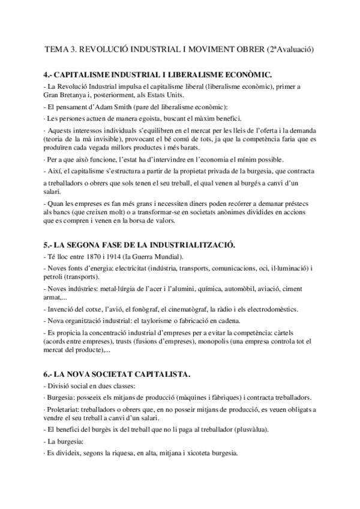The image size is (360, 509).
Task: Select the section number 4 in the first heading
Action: click(x=47, y=74)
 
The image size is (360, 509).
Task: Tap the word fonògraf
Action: click(x=142, y=309)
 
